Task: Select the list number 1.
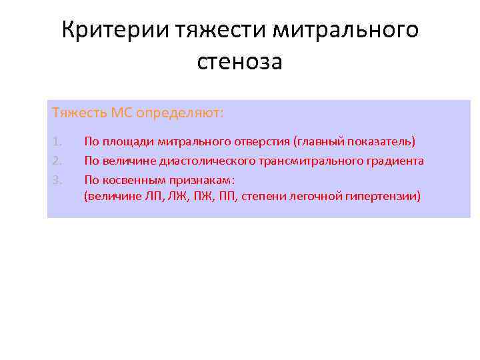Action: (57, 142)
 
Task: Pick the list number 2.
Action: (57, 161)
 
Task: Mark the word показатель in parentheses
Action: (383, 142)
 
